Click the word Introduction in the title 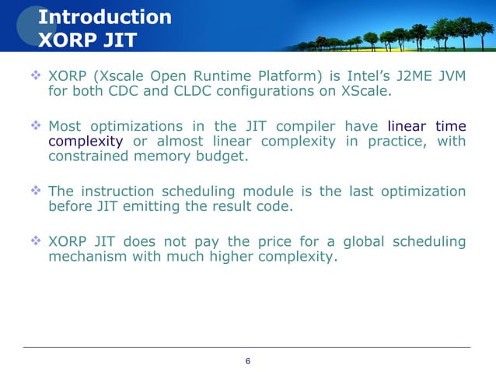[x=105, y=16]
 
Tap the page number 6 [x=248, y=361]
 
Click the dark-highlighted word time [x=451, y=126]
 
